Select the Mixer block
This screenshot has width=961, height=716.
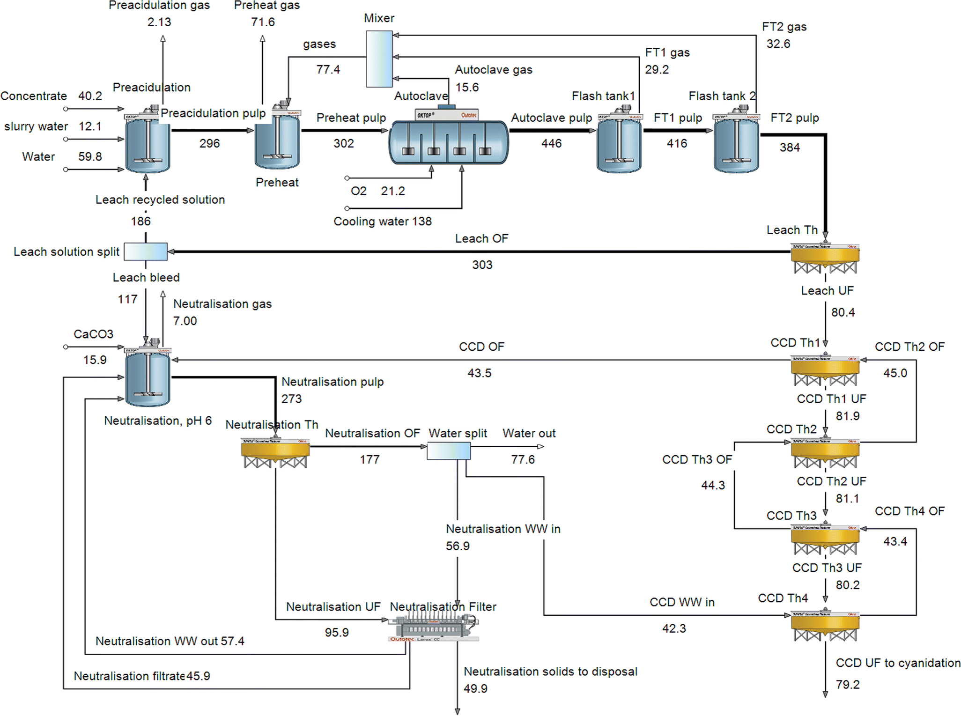[x=379, y=59]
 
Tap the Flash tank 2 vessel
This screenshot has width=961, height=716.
[x=736, y=143]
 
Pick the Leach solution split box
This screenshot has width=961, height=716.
[x=146, y=251]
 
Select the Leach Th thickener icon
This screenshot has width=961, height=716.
[x=825, y=258]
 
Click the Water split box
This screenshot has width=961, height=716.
[x=448, y=450]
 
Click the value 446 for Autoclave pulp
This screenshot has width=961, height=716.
[x=551, y=143]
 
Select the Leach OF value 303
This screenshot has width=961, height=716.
[x=482, y=265]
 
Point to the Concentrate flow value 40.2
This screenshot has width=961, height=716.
[x=90, y=96]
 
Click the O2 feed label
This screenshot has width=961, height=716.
[x=358, y=191]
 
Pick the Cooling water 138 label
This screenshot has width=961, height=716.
[x=382, y=221]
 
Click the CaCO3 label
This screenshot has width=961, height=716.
[x=93, y=334]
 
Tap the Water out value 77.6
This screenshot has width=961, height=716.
[x=523, y=459]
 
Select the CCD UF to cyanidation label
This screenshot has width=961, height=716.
[x=898, y=663]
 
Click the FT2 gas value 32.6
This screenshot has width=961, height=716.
[x=778, y=44]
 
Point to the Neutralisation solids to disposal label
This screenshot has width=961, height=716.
[x=550, y=672]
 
